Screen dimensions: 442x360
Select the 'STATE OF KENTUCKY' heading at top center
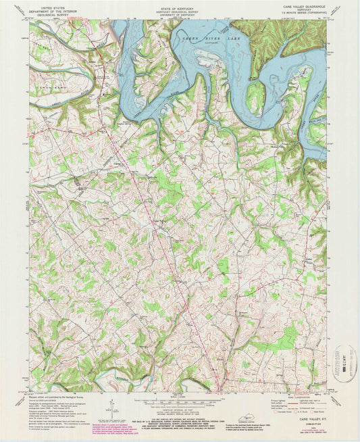179,7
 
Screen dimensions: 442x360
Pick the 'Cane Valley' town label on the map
157,218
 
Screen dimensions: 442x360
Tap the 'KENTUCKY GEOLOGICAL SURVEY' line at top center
179,10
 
